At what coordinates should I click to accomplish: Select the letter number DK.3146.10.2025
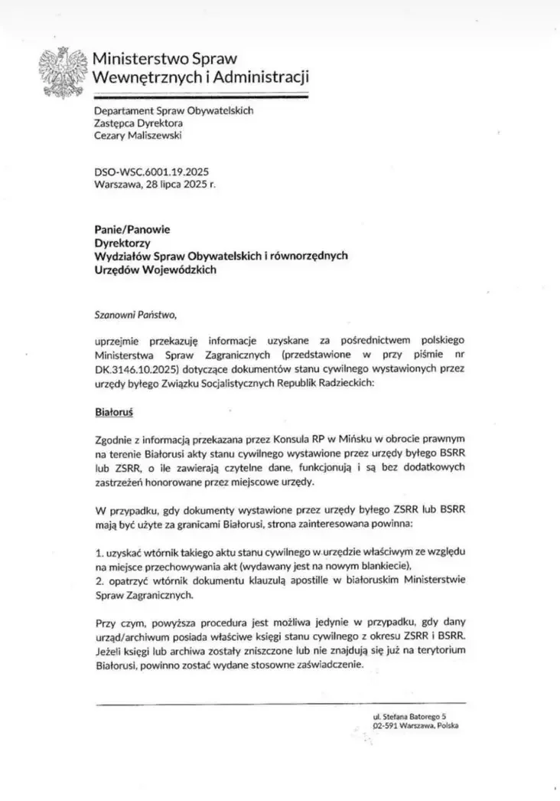click(x=137, y=369)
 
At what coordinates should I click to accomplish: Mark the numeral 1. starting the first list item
click(x=99, y=552)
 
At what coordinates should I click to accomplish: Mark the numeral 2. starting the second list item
click(x=99, y=579)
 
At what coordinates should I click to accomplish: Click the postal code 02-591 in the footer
click(x=386, y=725)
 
